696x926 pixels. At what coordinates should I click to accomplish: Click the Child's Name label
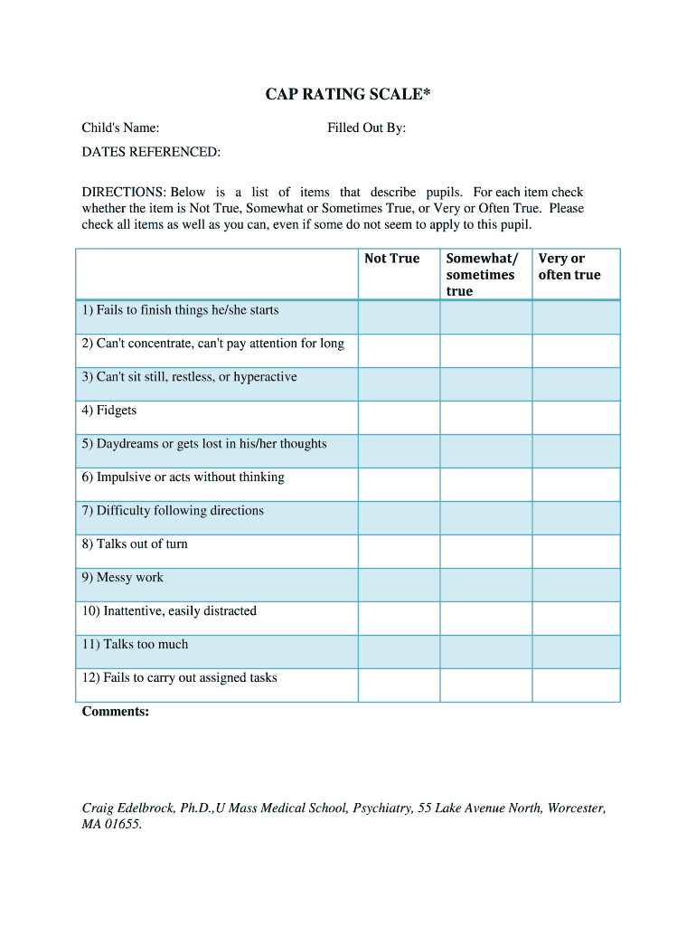coord(121,128)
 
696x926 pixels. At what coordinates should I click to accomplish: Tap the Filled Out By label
coord(366,128)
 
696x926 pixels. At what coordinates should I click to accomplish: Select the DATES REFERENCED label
coord(151,152)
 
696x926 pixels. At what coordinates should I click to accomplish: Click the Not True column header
coord(392,259)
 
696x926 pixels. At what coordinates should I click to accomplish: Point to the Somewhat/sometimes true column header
coord(482,275)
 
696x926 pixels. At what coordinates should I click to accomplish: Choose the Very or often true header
coord(569,267)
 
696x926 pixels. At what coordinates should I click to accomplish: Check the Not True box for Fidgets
coord(399,418)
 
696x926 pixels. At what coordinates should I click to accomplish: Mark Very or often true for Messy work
coord(576,585)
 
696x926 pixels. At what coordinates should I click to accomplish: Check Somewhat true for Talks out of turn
coord(486,552)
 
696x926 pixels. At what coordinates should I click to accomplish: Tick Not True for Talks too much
coord(399,652)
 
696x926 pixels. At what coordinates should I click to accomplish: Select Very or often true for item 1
coord(576,317)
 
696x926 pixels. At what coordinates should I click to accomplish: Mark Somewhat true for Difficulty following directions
coord(486,518)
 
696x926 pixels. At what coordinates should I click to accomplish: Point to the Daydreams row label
coord(204,444)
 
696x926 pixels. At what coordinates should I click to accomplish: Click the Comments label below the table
coord(116,712)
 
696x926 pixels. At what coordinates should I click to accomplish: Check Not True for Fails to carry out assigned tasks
coord(399,685)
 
